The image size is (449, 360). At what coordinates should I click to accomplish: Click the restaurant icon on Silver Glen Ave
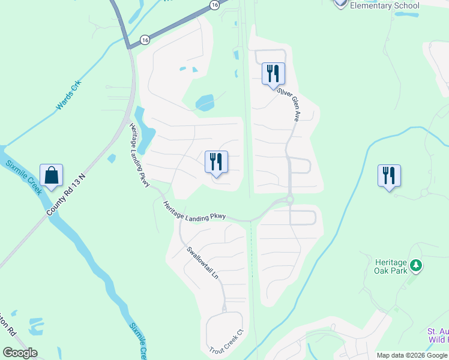[273, 74]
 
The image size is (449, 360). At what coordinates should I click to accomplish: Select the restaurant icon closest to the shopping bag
[215, 162]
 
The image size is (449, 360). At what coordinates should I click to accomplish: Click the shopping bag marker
[52, 176]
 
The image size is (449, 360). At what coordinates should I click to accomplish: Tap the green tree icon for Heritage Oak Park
[415, 265]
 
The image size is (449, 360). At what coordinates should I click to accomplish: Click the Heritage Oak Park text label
[391, 266]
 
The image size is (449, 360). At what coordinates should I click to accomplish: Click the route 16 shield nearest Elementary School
[214, 4]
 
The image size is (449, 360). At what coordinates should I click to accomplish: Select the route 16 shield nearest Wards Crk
[145, 40]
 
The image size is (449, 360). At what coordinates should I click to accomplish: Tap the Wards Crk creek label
[68, 97]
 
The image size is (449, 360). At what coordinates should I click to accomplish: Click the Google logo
[20, 353]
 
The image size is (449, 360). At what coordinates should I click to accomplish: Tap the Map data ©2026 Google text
[412, 355]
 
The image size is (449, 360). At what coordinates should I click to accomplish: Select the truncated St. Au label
[438, 335]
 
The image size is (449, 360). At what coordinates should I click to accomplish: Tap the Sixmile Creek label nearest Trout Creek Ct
[138, 339]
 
